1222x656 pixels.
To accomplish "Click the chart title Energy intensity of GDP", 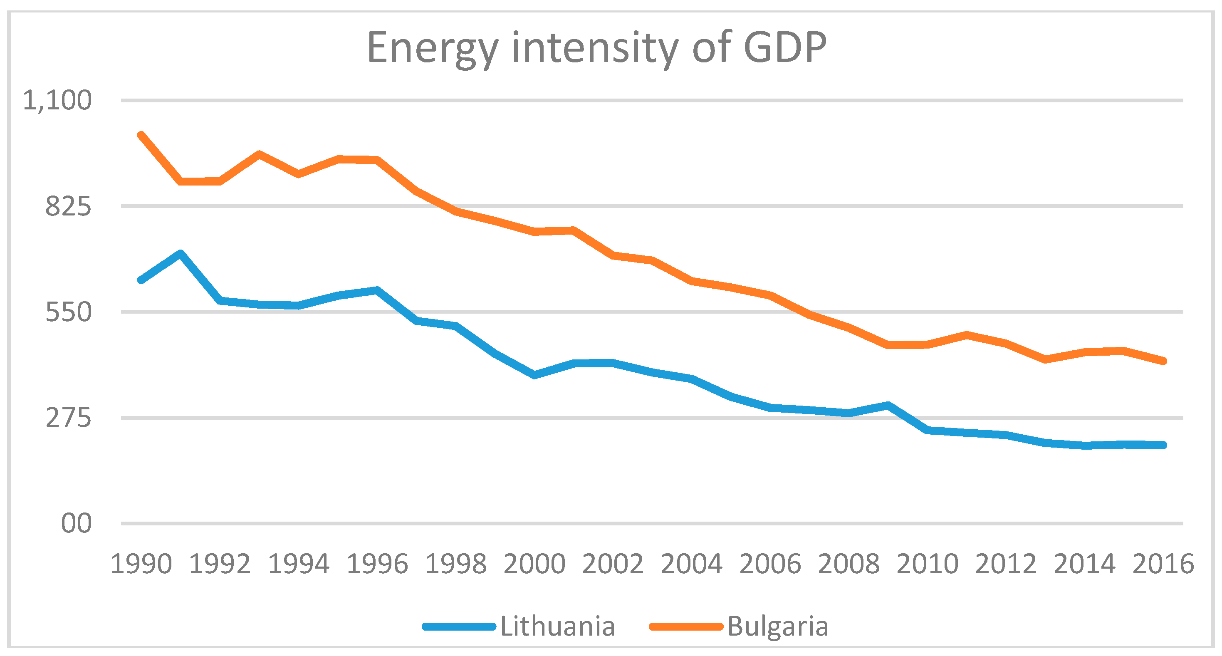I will [597, 48].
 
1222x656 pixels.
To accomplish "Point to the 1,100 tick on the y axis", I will [57, 101].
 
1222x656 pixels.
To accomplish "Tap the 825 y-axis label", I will [68, 207].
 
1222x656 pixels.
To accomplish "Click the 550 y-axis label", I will [68, 312].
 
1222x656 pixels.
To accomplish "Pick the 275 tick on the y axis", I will [68, 418].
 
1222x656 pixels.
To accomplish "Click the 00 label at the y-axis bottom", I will [76, 524].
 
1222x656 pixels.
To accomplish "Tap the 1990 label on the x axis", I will [141, 564].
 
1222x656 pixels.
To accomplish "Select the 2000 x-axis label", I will [534, 564].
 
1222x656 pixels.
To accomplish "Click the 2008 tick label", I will [848, 564].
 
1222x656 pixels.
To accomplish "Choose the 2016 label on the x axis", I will [1163, 564].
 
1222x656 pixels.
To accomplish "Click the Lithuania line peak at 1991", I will [180, 253].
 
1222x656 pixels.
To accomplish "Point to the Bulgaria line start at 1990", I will [141, 136].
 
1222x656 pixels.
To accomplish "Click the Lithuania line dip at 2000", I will [534, 375].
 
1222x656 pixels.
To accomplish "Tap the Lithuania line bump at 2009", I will [888, 405].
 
